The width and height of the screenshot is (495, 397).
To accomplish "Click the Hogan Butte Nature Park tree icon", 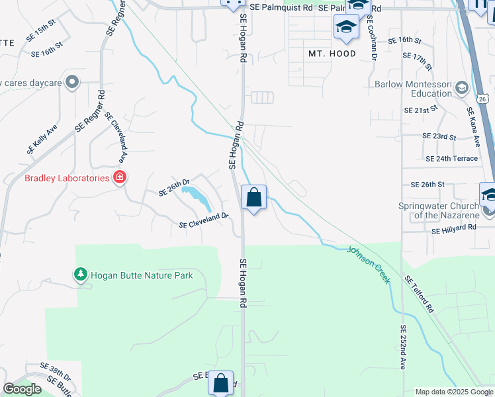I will [81, 274].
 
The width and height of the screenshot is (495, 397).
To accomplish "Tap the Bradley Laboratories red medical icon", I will [120, 177].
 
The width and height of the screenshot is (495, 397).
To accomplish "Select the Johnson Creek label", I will [369, 265].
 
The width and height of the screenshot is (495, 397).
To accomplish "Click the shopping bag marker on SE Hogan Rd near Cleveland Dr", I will [253, 198].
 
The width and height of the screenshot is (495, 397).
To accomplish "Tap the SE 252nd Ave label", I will [402, 347].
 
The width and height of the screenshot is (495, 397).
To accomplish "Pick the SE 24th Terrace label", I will [452, 159].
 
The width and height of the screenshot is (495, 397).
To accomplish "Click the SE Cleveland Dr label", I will [203, 220].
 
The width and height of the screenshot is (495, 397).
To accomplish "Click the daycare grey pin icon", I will [73, 83].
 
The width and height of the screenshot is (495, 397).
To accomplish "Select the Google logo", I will [22, 389].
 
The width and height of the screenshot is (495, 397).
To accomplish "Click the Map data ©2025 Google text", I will [454, 392].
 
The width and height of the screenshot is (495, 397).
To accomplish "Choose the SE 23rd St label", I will [439, 136].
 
